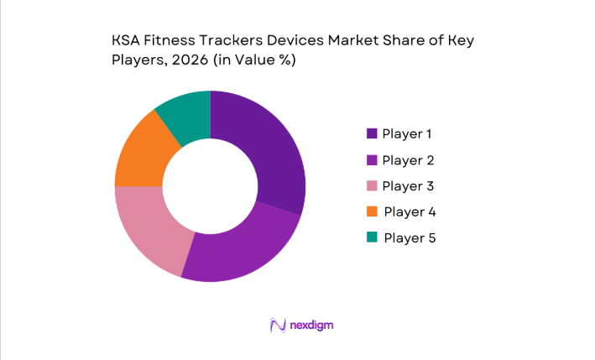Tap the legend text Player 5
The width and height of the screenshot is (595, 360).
pyautogui.click(x=410, y=237)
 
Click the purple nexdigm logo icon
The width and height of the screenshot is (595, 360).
pyautogui.click(x=278, y=325)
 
